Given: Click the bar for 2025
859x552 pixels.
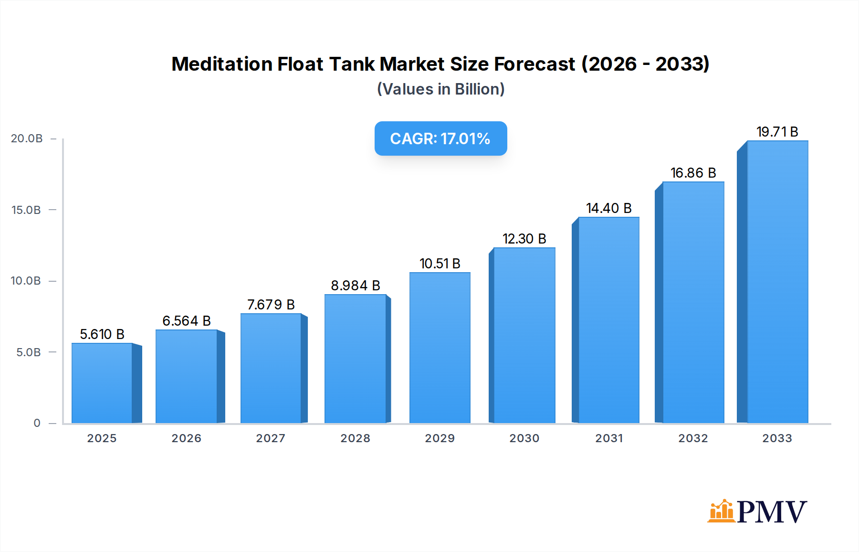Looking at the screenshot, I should [x=102, y=383].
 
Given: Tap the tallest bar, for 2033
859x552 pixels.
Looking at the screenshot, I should [x=777, y=282].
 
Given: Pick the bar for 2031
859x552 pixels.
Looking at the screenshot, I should [x=608, y=320].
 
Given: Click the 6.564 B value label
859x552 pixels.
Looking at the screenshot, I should [x=187, y=321].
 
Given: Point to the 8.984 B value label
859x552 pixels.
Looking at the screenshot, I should [x=356, y=286].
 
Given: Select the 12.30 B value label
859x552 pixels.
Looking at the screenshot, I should [x=524, y=239].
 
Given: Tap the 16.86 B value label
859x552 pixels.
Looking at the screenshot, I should [x=693, y=173].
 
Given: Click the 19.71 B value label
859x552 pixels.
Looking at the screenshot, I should [x=777, y=132].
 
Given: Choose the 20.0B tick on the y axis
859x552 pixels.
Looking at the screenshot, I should [x=27, y=138].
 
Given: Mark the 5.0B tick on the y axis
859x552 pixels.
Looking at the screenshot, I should [x=29, y=352].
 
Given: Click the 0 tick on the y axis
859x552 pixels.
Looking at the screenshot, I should [x=37, y=423].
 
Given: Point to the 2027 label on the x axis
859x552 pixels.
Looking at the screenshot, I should [x=271, y=438].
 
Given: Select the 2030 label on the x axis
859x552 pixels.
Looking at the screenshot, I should [x=524, y=438].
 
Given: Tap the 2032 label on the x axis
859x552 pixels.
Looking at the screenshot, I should [x=693, y=438].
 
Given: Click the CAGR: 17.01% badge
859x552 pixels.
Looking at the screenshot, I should [x=440, y=138].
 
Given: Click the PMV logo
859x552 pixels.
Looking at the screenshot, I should [x=757, y=511].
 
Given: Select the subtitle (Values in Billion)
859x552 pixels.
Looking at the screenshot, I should [x=440, y=89].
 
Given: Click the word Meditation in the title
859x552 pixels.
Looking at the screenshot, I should [x=222, y=64].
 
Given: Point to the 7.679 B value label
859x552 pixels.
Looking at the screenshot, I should [x=271, y=305].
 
